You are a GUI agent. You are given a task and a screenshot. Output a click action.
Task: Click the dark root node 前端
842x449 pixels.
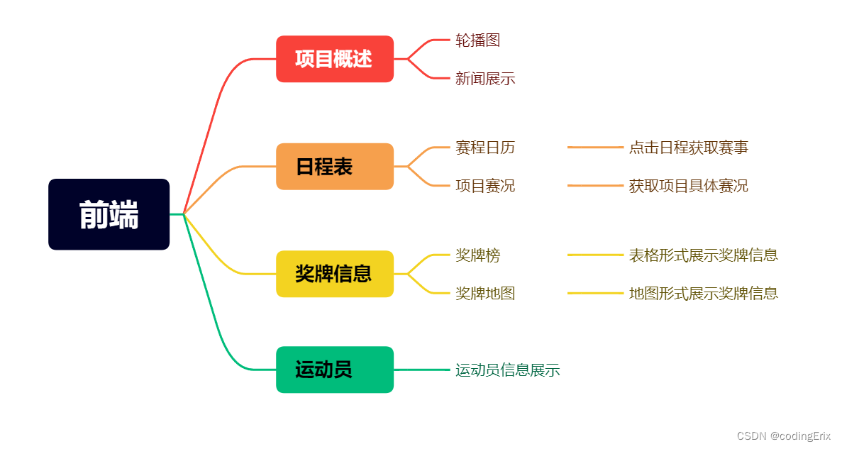coord(109,214)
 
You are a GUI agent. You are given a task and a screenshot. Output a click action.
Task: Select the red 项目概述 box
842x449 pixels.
coord(334,59)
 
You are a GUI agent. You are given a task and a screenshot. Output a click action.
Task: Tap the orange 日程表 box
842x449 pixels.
coord(334,167)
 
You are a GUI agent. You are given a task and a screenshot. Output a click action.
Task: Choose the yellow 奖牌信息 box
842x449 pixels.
coord(334,274)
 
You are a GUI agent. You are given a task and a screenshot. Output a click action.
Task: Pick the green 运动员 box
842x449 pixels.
coord(334,370)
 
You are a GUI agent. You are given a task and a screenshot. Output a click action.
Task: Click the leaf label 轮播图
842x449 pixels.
coord(477,40)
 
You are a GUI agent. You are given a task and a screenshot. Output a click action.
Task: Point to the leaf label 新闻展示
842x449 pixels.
coord(485,79)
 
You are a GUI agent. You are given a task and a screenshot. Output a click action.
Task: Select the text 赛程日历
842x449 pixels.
coord(485,148)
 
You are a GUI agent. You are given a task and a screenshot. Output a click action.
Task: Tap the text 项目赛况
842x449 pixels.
coord(485,186)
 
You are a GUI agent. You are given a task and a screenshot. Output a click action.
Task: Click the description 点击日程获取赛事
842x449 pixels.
coord(688,148)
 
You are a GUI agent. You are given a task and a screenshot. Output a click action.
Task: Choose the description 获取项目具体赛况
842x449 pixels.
coord(688,186)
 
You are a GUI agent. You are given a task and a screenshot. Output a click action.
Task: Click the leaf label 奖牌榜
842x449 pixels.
coord(477,255)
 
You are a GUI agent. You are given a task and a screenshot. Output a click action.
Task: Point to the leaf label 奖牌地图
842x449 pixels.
coord(485,293)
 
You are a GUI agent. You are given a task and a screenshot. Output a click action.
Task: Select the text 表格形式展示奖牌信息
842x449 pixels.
coord(703,255)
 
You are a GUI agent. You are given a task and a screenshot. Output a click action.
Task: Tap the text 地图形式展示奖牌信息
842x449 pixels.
coord(703,293)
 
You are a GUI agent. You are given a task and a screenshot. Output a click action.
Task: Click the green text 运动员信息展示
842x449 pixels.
coord(508,370)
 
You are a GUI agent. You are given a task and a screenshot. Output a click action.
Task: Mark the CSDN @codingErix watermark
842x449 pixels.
coord(784,436)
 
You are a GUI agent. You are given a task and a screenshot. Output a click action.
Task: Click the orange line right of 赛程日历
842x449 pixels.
coord(594,148)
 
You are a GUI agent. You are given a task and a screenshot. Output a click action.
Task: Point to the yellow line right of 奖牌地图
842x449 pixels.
coord(594,293)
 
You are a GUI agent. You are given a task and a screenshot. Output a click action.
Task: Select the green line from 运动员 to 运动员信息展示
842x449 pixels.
coord(422,370)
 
